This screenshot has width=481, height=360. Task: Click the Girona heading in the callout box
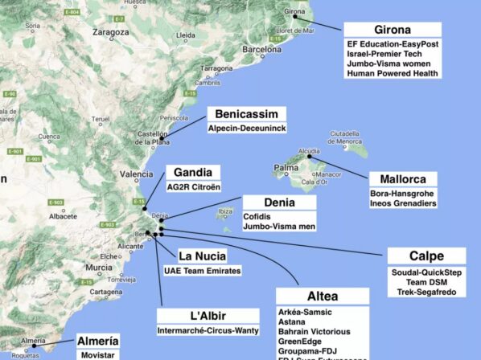click(x=392, y=30)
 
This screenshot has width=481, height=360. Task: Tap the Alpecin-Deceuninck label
click(x=246, y=128)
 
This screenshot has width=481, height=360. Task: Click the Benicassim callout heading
click(x=246, y=114)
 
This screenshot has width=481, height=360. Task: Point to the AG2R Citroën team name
click(x=193, y=186)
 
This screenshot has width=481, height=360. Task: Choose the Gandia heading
click(x=192, y=172)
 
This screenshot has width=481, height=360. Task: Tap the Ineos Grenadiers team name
click(x=403, y=204)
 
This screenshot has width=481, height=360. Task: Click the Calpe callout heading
click(x=425, y=256)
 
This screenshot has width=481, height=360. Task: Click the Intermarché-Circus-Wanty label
click(x=213, y=329)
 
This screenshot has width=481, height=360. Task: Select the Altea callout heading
click(x=322, y=296)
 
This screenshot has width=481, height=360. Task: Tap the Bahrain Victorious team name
click(x=314, y=331)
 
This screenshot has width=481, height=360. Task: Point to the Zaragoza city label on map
click(x=109, y=33)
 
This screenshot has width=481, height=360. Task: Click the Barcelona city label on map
click(x=260, y=48)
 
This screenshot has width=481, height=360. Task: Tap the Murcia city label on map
click(x=99, y=267)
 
